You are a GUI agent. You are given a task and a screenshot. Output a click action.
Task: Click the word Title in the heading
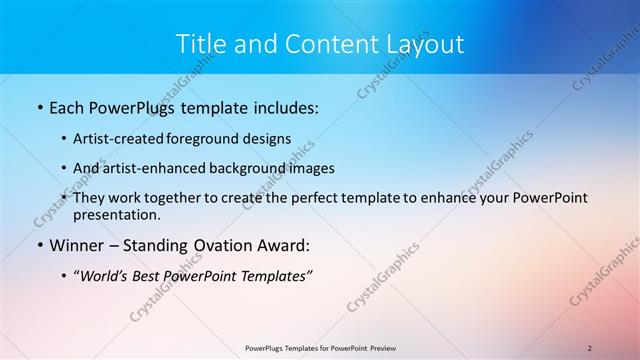tap(200, 44)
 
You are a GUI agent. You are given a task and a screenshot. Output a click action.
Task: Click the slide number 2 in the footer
tap(590, 348)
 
